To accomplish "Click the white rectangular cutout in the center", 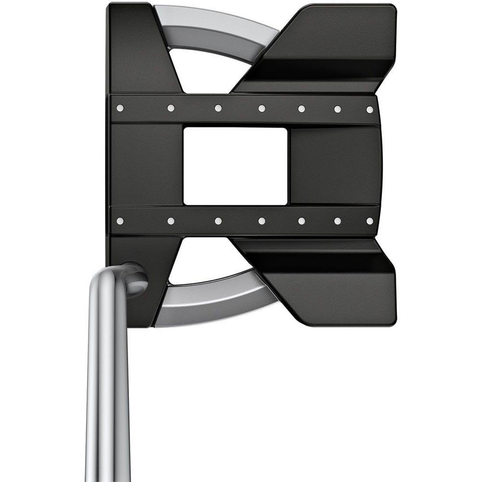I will pyautogui.click(x=235, y=166).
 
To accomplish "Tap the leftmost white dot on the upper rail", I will pyautogui.click(x=120, y=108).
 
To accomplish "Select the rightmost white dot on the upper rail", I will pyautogui.click(x=369, y=109).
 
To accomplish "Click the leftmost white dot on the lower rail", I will pyautogui.click(x=120, y=221).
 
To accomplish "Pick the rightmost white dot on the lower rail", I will pyautogui.click(x=369, y=221).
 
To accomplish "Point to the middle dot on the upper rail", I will pyautogui.click(x=261, y=108).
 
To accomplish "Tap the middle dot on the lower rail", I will pyautogui.click(x=261, y=221).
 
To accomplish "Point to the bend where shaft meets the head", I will pyautogui.click(x=132, y=277).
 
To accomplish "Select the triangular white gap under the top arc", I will pyautogui.click(x=202, y=72).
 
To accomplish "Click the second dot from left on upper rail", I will pyautogui.click(x=170, y=108).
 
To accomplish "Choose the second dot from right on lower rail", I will pyautogui.click(x=338, y=221).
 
